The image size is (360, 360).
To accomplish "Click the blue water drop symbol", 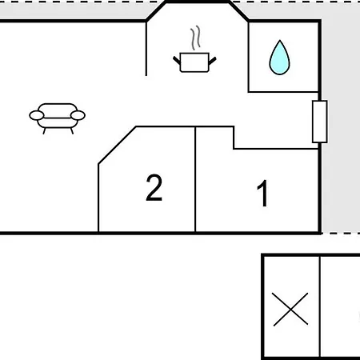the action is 279,59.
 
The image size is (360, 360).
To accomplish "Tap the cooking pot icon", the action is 194,62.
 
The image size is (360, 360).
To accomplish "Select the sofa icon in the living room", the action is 57,118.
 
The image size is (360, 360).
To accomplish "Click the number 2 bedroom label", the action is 154,187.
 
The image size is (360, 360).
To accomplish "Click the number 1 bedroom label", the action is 263,193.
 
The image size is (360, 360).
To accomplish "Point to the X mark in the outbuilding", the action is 290,309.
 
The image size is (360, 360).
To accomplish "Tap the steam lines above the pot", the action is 195,38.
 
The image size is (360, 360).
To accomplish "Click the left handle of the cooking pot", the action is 177,61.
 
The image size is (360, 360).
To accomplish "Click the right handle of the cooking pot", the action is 212,61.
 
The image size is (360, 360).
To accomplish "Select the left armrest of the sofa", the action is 37,115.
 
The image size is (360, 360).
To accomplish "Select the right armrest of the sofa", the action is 78,115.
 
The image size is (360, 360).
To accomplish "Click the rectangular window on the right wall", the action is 320,122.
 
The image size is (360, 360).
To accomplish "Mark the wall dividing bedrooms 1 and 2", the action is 195,179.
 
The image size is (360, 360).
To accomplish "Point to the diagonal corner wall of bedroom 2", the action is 117,145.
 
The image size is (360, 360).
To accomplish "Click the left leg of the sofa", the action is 44,130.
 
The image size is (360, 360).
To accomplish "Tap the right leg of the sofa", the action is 72,130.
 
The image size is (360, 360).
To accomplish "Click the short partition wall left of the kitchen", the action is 146,49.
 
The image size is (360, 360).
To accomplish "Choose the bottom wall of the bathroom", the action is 283,92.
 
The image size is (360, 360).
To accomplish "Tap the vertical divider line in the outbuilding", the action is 319,306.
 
